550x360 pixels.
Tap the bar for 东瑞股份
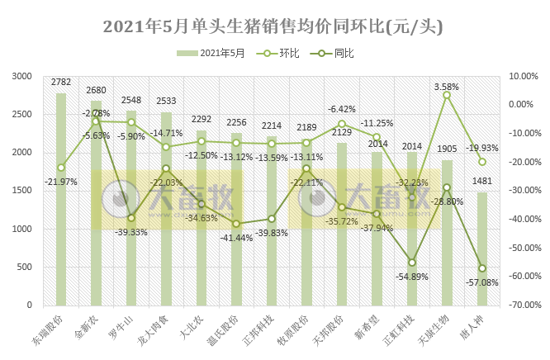tap(61, 198)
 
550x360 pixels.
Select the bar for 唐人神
tap(482, 248)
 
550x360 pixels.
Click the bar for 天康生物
tap(447, 232)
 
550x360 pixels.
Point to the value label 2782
tap(61, 83)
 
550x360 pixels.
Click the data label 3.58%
tap(446, 86)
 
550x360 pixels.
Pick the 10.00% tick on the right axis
tap(524, 76)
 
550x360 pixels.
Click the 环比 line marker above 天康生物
tap(447, 95)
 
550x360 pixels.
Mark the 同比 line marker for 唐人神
tap(482, 268)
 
